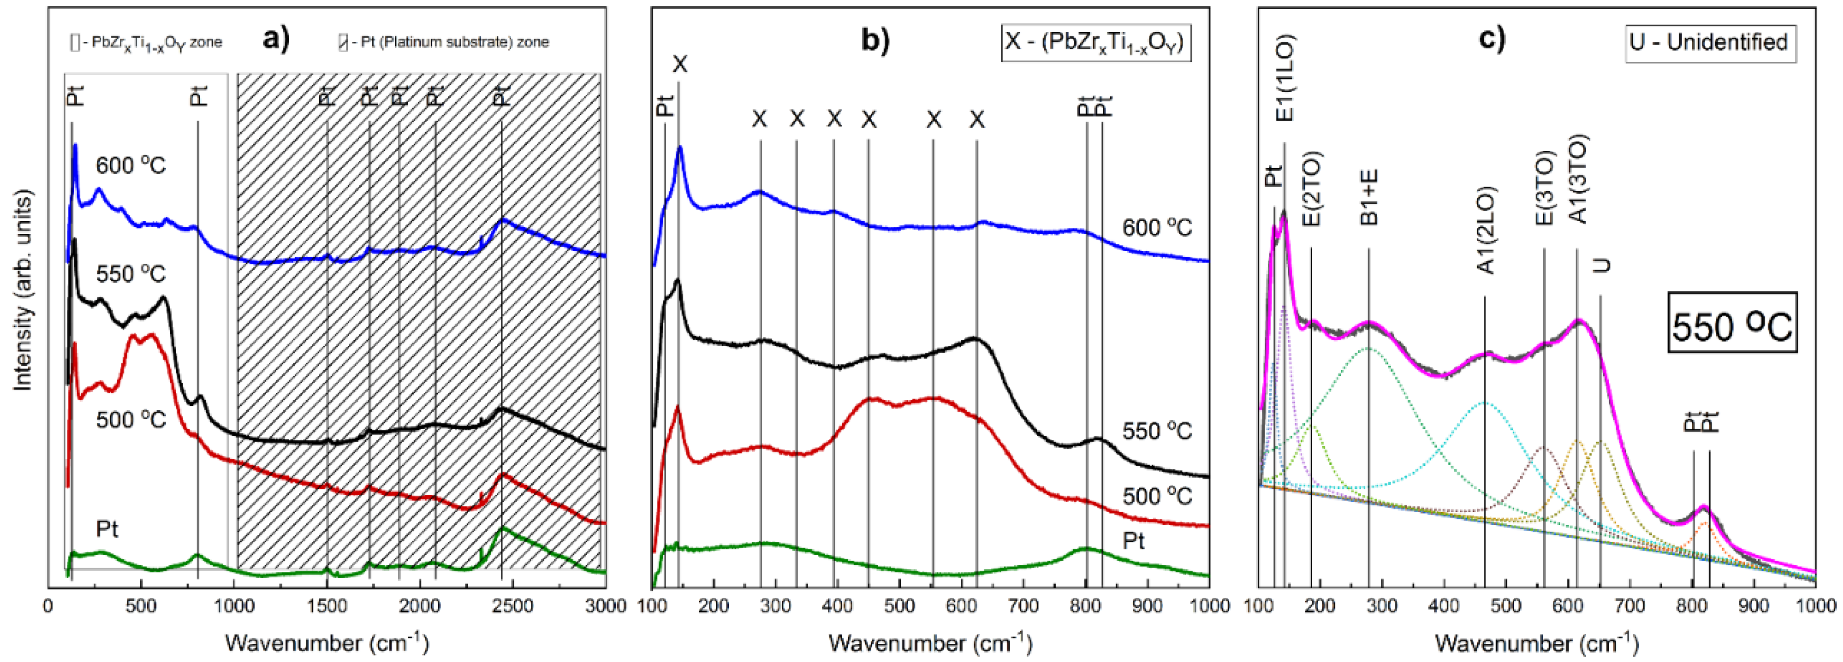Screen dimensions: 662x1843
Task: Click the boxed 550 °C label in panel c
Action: click(1732, 326)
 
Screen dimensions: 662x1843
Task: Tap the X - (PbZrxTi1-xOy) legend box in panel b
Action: click(1095, 43)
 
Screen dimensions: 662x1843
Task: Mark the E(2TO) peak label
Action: click(1313, 189)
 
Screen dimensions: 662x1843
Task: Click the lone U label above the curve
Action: click(1601, 265)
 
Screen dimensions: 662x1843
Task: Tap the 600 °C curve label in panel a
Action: click(131, 166)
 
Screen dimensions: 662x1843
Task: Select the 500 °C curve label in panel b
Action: click(1157, 496)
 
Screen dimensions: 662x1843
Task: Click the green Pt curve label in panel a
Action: click(107, 530)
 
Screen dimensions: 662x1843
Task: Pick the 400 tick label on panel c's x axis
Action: click(1444, 606)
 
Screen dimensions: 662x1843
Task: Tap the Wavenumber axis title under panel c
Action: click(1536, 642)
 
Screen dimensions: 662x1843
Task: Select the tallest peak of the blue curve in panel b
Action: click(680, 149)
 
